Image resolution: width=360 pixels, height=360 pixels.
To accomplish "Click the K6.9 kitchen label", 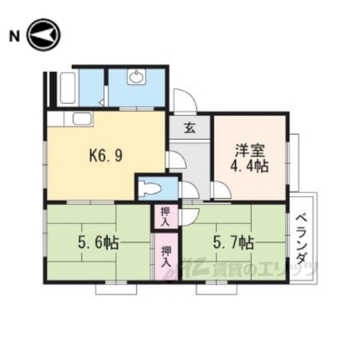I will (x=106, y=156).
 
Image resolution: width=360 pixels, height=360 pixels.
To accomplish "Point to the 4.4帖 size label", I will (x=250, y=166).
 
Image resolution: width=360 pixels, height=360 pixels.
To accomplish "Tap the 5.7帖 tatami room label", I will (x=233, y=243).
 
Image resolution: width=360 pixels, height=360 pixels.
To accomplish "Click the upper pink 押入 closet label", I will (x=166, y=216).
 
